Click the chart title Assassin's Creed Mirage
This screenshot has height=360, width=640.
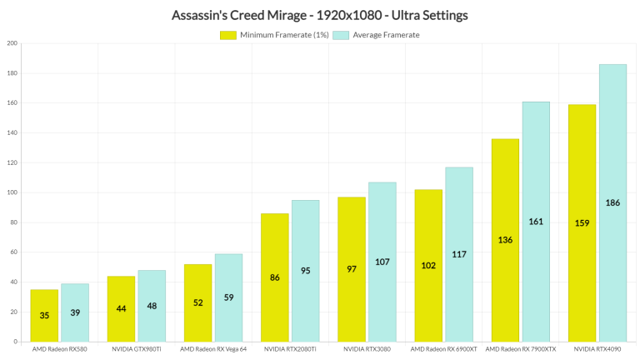[319, 15]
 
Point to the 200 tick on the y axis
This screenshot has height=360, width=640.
[12, 43]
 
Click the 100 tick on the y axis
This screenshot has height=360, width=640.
[12, 192]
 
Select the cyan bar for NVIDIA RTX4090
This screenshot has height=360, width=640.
[612, 202]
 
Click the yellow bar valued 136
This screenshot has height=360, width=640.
[505, 240]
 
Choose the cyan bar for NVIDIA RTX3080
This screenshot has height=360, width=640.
[382, 262]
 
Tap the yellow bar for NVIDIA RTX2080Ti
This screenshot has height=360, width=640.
[275, 277]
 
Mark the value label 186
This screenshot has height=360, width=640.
[612, 202]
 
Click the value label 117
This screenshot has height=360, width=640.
[458, 254]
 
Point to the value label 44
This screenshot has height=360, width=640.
[121, 308]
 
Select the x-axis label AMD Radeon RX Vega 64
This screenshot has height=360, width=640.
[213, 350]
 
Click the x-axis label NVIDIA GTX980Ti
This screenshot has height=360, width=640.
[137, 350]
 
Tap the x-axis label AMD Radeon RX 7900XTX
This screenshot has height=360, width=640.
[521, 350]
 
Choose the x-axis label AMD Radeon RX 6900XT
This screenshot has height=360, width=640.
[443, 350]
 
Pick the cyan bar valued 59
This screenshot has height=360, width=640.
[228, 297]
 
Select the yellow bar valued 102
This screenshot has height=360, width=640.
[428, 265]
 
